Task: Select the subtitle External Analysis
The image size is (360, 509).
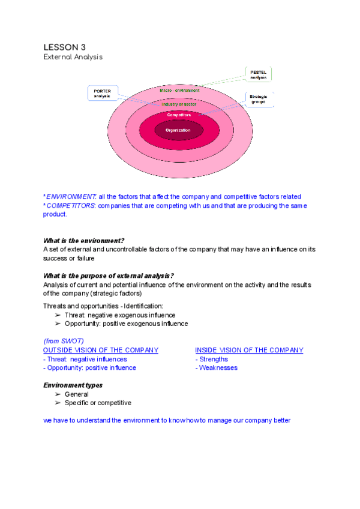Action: [x=73, y=57]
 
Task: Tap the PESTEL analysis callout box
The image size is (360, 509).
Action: [x=259, y=74]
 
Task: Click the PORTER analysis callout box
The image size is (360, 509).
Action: [x=103, y=94]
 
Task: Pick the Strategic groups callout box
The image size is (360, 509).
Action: [x=261, y=99]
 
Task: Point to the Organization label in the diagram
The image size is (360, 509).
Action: [x=179, y=130]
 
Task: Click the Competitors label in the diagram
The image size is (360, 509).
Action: [x=179, y=115]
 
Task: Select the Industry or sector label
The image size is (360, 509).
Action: [x=179, y=104]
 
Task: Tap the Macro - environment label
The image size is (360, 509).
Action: [x=179, y=90]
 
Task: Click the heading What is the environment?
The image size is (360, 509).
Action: [x=84, y=240]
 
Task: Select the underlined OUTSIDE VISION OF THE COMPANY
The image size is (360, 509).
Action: [x=101, y=350]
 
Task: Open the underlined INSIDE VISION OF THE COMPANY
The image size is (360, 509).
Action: [x=249, y=350]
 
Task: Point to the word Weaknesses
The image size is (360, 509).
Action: [x=218, y=368]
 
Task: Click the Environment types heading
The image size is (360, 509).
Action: [x=73, y=385]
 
